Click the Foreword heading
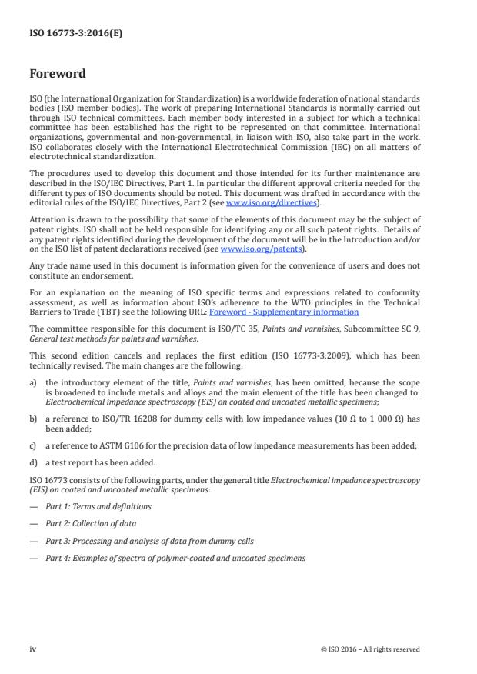pyautogui.click(x=58, y=75)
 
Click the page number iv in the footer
pyautogui.click(x=33, y=649)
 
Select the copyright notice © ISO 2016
pyautogui.click(x=370, y=649)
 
